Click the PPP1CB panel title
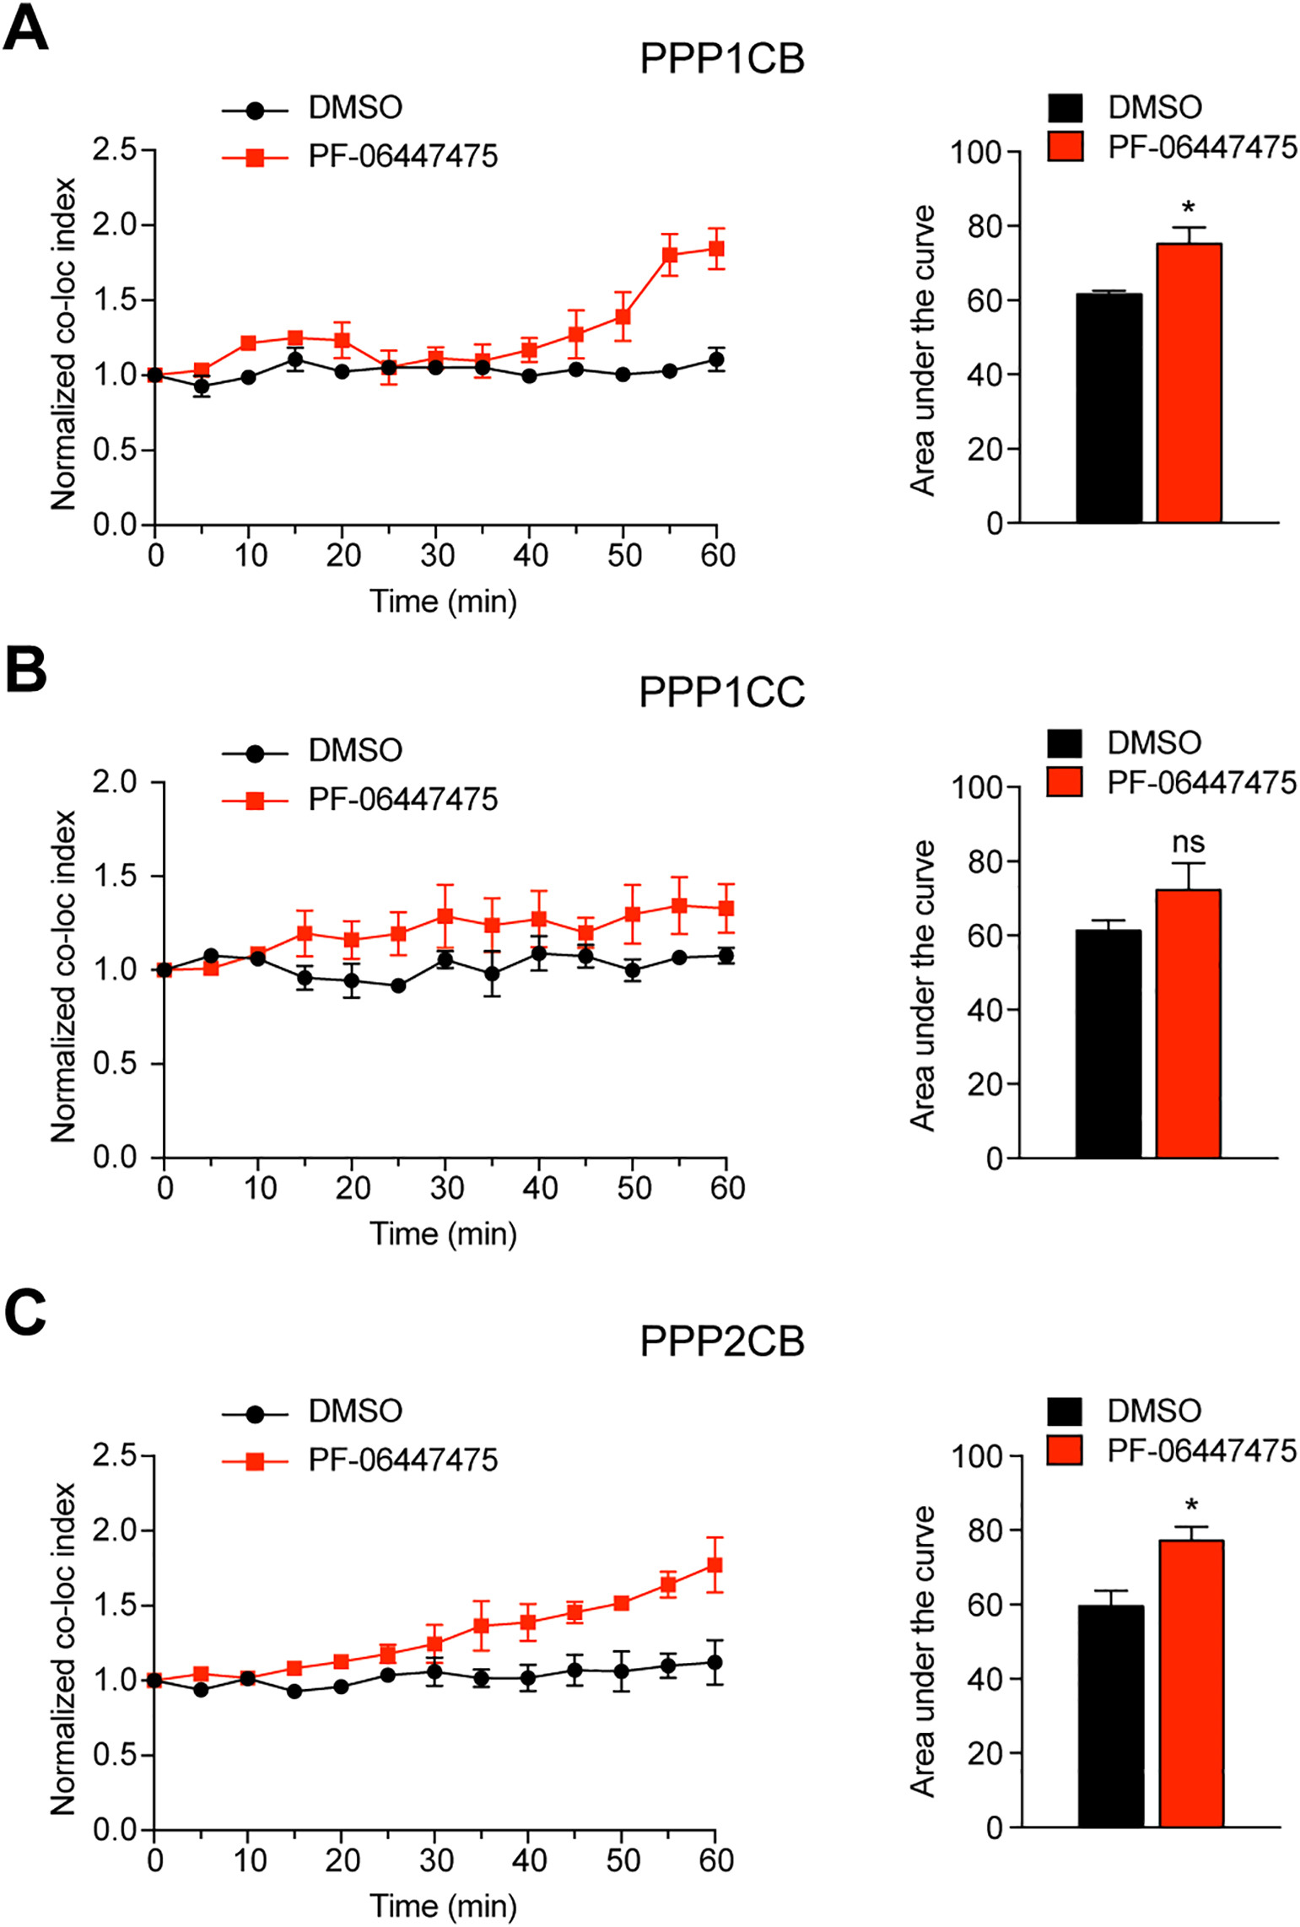(722, 59)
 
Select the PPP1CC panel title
(722, 693)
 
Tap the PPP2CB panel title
(722, 1341)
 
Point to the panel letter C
(25, 1315)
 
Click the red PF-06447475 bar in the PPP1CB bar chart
(1189, 384)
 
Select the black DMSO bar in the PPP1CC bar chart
(1108, 1044)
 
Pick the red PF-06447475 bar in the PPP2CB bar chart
(1190, 1683)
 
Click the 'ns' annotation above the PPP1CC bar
(1188, 842)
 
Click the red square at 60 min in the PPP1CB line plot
(716, 249)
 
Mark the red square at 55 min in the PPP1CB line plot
(670, 255)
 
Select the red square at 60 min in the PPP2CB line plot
(715, 1565)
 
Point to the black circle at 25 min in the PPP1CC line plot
(399, 985)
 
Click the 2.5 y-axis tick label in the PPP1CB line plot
(115, 150)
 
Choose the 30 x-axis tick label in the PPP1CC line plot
(446, 1188)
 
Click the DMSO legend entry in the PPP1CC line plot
(354, 751)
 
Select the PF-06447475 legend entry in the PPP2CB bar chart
(1201, 1451)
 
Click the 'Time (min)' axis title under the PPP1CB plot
(443, 602)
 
